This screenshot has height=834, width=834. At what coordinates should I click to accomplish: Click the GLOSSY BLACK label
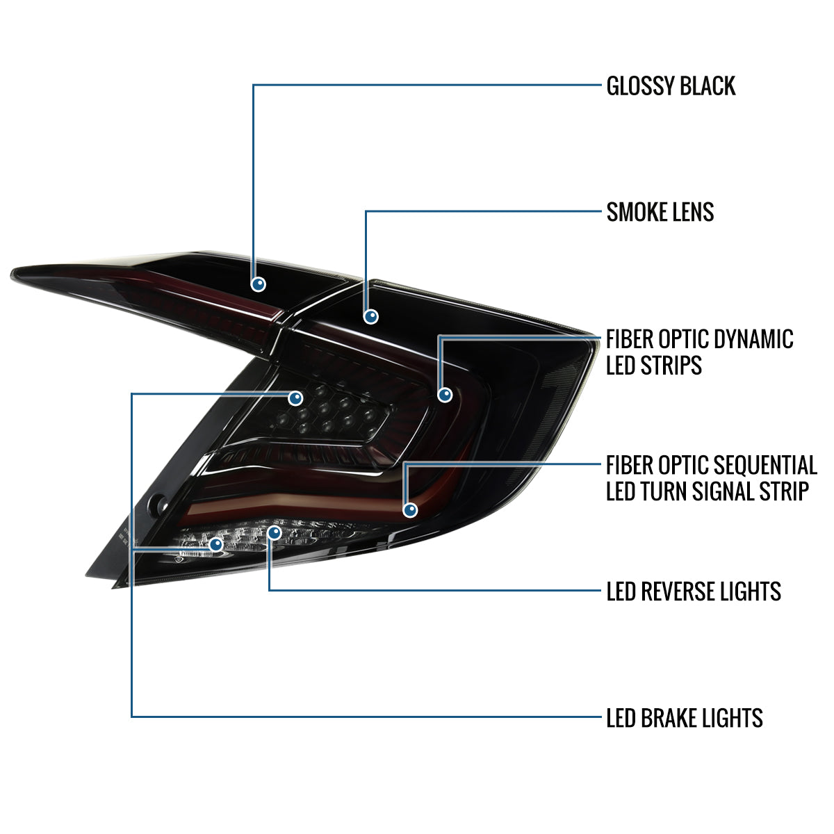coord(671,85)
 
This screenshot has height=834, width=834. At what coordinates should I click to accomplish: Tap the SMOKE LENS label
coord(660,212)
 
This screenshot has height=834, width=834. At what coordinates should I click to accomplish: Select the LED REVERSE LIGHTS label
coord(694,591)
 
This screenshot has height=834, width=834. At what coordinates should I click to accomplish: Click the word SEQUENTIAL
coord(764,465)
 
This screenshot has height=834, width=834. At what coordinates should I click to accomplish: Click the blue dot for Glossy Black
coord(259,284)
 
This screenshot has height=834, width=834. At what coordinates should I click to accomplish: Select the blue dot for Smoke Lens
coord(371,317)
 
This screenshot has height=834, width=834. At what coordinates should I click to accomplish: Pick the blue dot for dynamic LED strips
coord(445,395)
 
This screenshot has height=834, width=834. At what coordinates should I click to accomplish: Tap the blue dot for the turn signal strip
coord(410,510)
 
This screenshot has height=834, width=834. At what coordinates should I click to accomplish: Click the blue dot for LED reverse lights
coord(275,532)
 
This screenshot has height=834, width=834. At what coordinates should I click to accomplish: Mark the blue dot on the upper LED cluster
coord(295,398)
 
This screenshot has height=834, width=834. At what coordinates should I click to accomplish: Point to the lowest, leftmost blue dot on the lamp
coord(216,544)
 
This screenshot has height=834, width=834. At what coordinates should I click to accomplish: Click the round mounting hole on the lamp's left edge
coord(158,503)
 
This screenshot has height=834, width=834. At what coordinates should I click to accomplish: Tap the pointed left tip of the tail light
coord(12,274)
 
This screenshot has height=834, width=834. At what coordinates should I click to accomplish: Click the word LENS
coord(694,212)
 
